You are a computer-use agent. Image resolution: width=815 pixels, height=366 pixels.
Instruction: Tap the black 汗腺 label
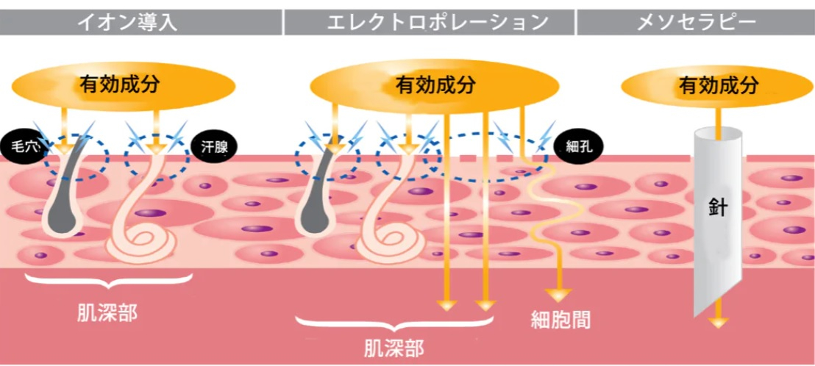pos(213,146)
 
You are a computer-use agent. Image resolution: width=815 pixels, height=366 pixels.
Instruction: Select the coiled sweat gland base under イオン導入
pos(147,243)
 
